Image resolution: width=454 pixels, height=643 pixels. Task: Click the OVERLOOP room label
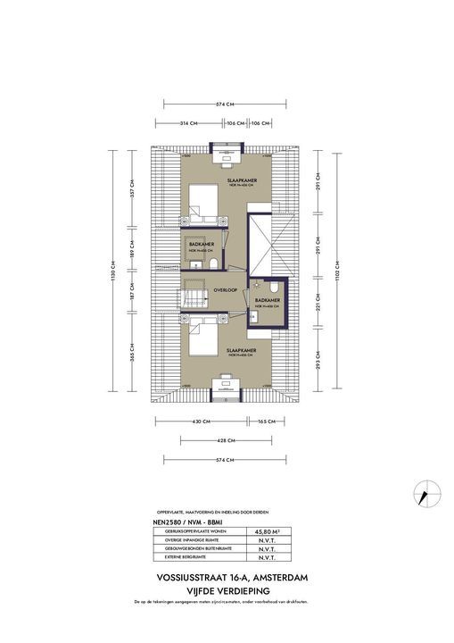click(225, 290)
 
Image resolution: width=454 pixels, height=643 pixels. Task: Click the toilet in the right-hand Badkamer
click(263, 315)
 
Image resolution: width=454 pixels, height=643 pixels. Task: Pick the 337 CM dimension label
click(133, 193)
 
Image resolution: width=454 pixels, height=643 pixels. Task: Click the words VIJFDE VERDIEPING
click(227, 591)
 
